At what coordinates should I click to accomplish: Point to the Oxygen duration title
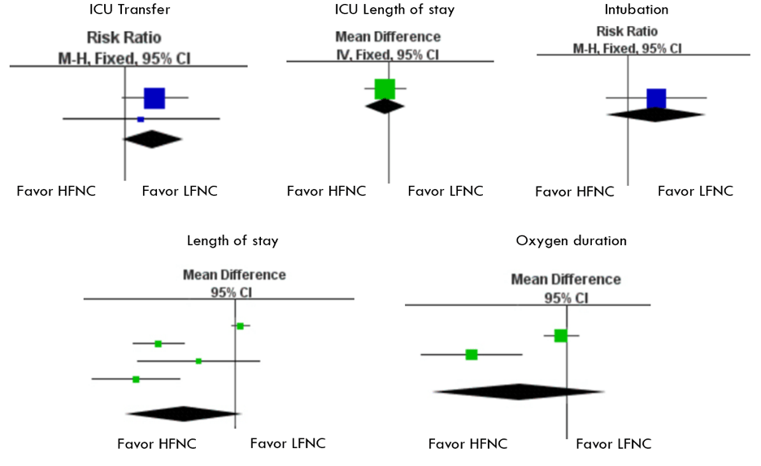click(x=560, y=241)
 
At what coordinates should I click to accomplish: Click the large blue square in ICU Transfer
click(x=154, y=97)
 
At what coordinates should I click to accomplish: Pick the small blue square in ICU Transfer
click(x=141, y=119)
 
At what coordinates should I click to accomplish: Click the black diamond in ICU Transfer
click(x=152, y=140)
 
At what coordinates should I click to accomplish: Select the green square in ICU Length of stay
click(x=385, y=88)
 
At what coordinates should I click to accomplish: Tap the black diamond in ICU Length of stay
click(x=385, y=106)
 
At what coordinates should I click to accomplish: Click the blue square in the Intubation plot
click(x=656, y=98)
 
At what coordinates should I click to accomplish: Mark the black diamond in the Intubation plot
click(x=655, y=114)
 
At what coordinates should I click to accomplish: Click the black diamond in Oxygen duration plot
click(x=518, y=392)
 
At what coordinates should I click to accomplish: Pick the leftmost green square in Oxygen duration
click(x=472, y=355)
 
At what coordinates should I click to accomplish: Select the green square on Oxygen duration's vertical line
click(x=560, y=335)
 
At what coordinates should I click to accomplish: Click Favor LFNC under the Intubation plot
click(x=695, y=192)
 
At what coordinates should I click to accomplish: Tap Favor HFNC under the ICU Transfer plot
click(x=56, y=192)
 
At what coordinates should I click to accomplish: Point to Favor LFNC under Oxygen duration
click(x=613, y=444)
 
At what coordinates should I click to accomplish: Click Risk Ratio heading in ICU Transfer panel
click(x=124, y=37)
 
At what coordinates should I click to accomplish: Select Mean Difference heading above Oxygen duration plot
click(x=566, y=280)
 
